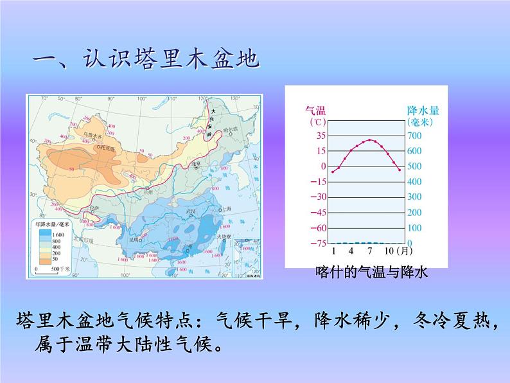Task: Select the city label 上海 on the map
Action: click(x=226, y=209)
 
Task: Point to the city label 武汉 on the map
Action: click(x=190, y=211)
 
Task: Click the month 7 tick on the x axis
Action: click(x=369, y=250)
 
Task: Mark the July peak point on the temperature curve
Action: click(x=369, y=139)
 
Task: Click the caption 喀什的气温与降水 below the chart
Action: click(x=371, y=272)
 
